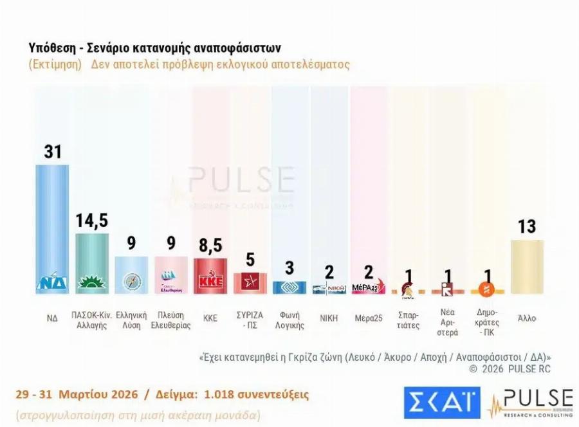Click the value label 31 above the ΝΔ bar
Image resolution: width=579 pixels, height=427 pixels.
pos(52,151)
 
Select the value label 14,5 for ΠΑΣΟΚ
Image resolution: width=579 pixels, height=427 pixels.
pos(92,220)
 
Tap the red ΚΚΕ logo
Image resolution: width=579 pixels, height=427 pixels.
pos(210,282)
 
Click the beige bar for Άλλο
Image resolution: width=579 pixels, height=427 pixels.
pos(527,266)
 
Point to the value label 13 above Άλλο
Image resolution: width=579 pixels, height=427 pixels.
pos(527,226)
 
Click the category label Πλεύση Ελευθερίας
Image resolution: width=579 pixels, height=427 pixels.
pos(170,320)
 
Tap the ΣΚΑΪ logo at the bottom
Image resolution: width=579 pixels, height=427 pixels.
pos(442,402)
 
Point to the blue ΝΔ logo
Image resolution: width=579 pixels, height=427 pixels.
pos(52,282)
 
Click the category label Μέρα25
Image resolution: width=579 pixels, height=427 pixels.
pos(368,318)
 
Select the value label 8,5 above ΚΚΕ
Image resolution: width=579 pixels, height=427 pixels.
pos(210,246)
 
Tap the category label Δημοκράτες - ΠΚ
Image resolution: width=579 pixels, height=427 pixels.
pos(487,325)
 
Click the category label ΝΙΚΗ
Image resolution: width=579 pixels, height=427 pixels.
pos(328,318)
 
